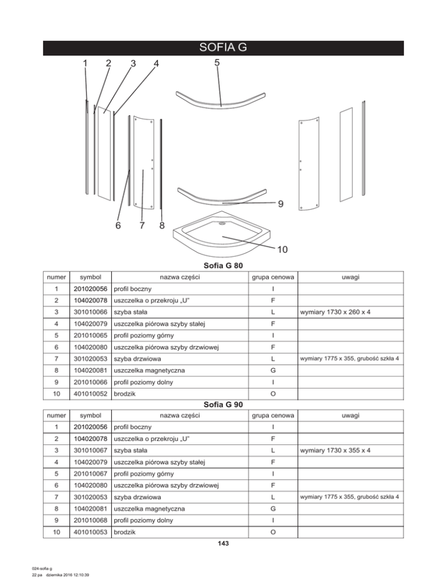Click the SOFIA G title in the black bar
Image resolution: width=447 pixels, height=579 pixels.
223,48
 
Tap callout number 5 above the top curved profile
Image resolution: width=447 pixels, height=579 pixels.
216,63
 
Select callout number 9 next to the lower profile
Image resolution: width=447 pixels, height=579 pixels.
281,204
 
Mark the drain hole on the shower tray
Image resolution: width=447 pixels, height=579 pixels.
221,222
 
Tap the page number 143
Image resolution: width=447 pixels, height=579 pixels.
223,544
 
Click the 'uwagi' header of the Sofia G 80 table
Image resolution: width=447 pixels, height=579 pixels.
350,278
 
